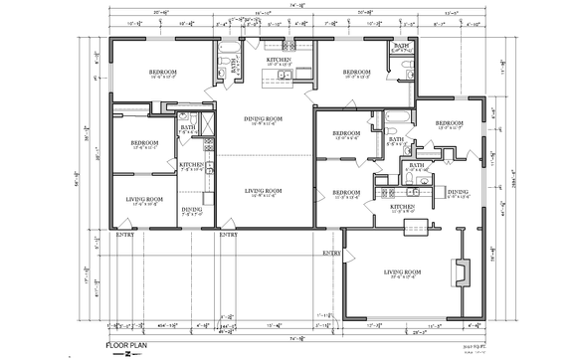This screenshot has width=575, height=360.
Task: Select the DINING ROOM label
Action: pos(264,120)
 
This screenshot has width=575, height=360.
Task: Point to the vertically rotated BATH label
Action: pos(235,68)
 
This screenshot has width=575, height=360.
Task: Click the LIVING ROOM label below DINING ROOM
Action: pos(264,190)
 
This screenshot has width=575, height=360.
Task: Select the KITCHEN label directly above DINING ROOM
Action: pos(280,60)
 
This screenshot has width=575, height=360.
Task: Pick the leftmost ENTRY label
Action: pos(125,235)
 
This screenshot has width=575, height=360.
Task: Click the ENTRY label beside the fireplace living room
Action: pos(330,254)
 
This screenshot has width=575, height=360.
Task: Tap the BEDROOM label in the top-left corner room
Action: pos(164,72)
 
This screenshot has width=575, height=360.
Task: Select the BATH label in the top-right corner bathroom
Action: pos(401,47)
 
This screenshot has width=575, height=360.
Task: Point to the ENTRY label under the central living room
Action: pos(228,235)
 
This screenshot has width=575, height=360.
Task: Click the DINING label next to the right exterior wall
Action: pos(458,192)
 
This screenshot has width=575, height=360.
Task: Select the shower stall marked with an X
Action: pos(209,123)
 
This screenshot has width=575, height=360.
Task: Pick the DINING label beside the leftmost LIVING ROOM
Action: pos(191,209)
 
